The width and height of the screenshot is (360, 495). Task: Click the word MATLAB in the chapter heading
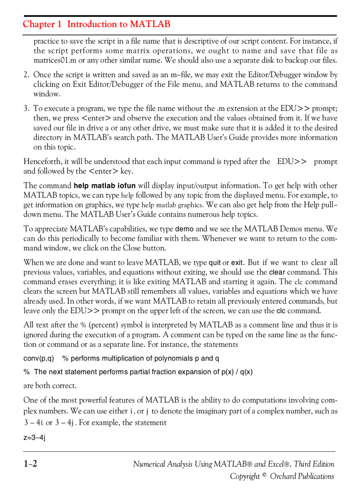click(x=150, y=24)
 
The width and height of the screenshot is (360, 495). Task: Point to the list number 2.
click(x=26, y=75)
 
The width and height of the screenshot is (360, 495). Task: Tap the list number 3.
click(x=26, y=108)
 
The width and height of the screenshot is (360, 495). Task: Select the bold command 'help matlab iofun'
click(x=105, y=186)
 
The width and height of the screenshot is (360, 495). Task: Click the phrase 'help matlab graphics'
click(x=172, y=205)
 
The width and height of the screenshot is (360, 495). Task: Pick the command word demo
click(x=184, y=229)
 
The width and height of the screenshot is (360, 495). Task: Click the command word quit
click(x=214, y=263)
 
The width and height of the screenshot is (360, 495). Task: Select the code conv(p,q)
click(x=39, y=358)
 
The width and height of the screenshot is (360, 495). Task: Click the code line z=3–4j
click(x=34, y=438)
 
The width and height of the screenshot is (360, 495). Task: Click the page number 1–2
click(x=30, y=464)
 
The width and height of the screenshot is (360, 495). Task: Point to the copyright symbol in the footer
click(x=264, y=475)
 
